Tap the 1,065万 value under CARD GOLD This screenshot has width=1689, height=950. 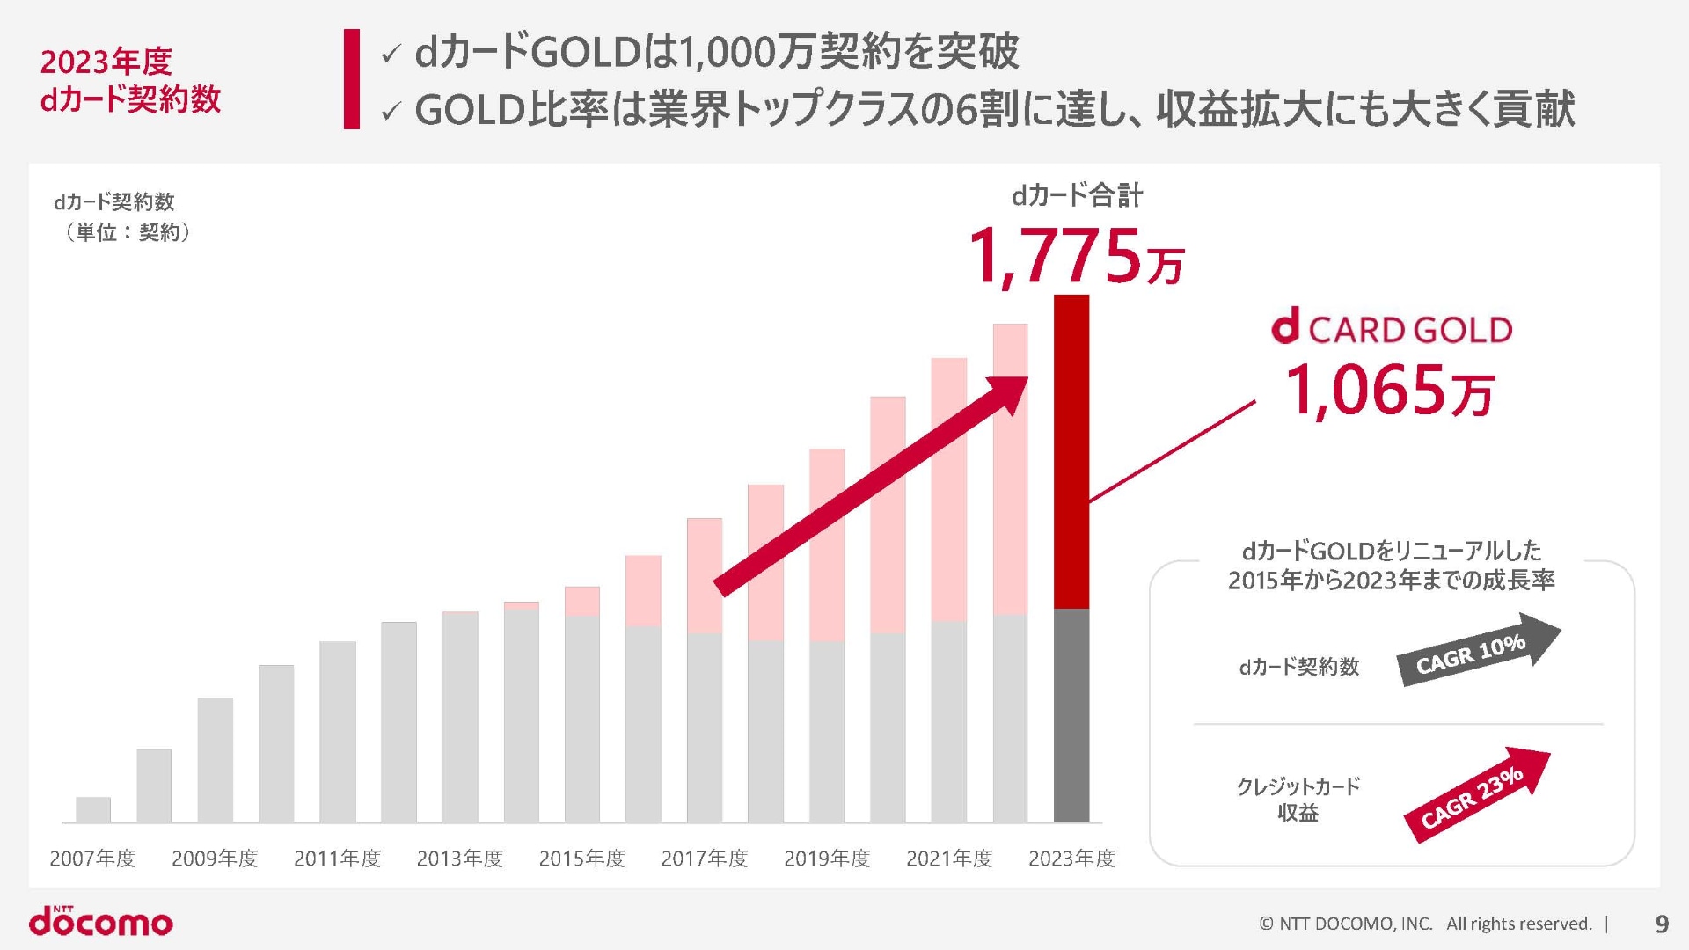pyautogui.click(x=1390, y=391)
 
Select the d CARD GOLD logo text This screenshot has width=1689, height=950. pyautogui.click(x=1392, y=329)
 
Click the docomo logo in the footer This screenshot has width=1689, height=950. pyautogui.click(x=101, y=921)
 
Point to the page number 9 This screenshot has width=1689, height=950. pyautogui.click(x=1662, y=924)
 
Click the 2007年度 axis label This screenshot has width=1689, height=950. pyautogui.click(x=92, y=859)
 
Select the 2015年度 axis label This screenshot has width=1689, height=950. pyautogui.click(x=582, y=859)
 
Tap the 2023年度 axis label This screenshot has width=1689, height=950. pyautogui.click(x=1071, y=859)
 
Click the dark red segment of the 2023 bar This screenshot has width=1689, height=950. pyautogui.click(x=1071, y=450)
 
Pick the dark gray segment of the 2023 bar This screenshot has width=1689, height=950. pyautogui.click(x=1071, y=714)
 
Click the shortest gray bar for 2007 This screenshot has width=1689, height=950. pyautogui.click(x=93, y=809)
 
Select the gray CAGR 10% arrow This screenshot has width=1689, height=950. pyautogui.click(x=1477, y=650)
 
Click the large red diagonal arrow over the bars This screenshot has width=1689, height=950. pyautogui.click(x=871, y=486)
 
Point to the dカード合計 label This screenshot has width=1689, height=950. pyautogui.click(x=1077, y=195)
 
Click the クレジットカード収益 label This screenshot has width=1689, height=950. pyautogui.click(x=1298, y=799)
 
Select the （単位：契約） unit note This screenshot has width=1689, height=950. pyautogui.click(x=128, y=232)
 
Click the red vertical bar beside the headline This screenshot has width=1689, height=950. pyautogui.click(x=352, y=79)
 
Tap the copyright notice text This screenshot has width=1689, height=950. pyautogui.click(x=1425, y=924)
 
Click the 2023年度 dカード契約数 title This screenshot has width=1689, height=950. pyautogui.click(x=130, y=80)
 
